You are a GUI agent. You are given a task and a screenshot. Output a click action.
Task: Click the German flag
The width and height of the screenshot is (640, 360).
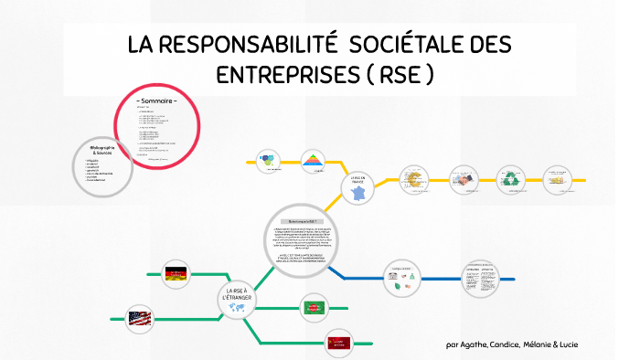coord(175,272)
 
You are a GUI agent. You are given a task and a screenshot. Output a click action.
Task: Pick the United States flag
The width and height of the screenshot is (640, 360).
coord(140,319)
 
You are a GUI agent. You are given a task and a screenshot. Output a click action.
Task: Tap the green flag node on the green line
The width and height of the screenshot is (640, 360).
coord(315,308)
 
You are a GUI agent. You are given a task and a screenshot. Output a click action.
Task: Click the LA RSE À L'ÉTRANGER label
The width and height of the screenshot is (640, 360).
coord(236,293)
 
